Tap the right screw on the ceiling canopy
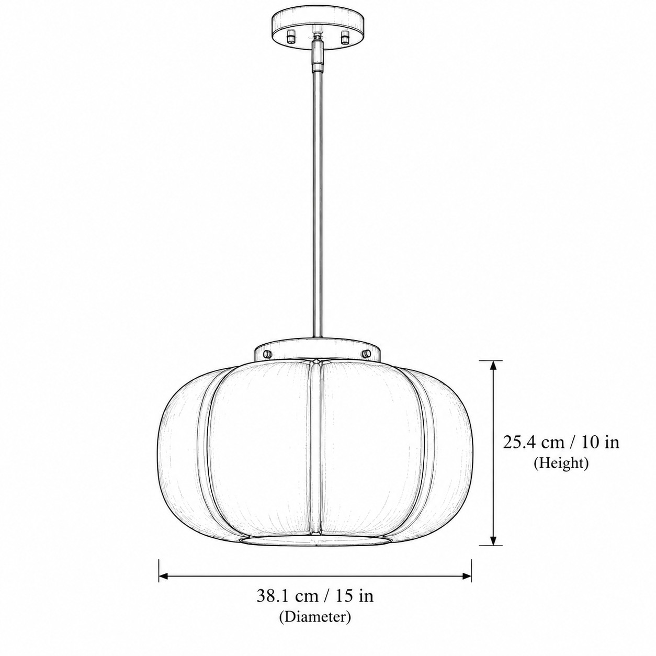pyautogui.click(x=345, y=37)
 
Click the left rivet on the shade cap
pyautogui.click(x=267, y=353)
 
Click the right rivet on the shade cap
pyautogui.click(x=367, y=353)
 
